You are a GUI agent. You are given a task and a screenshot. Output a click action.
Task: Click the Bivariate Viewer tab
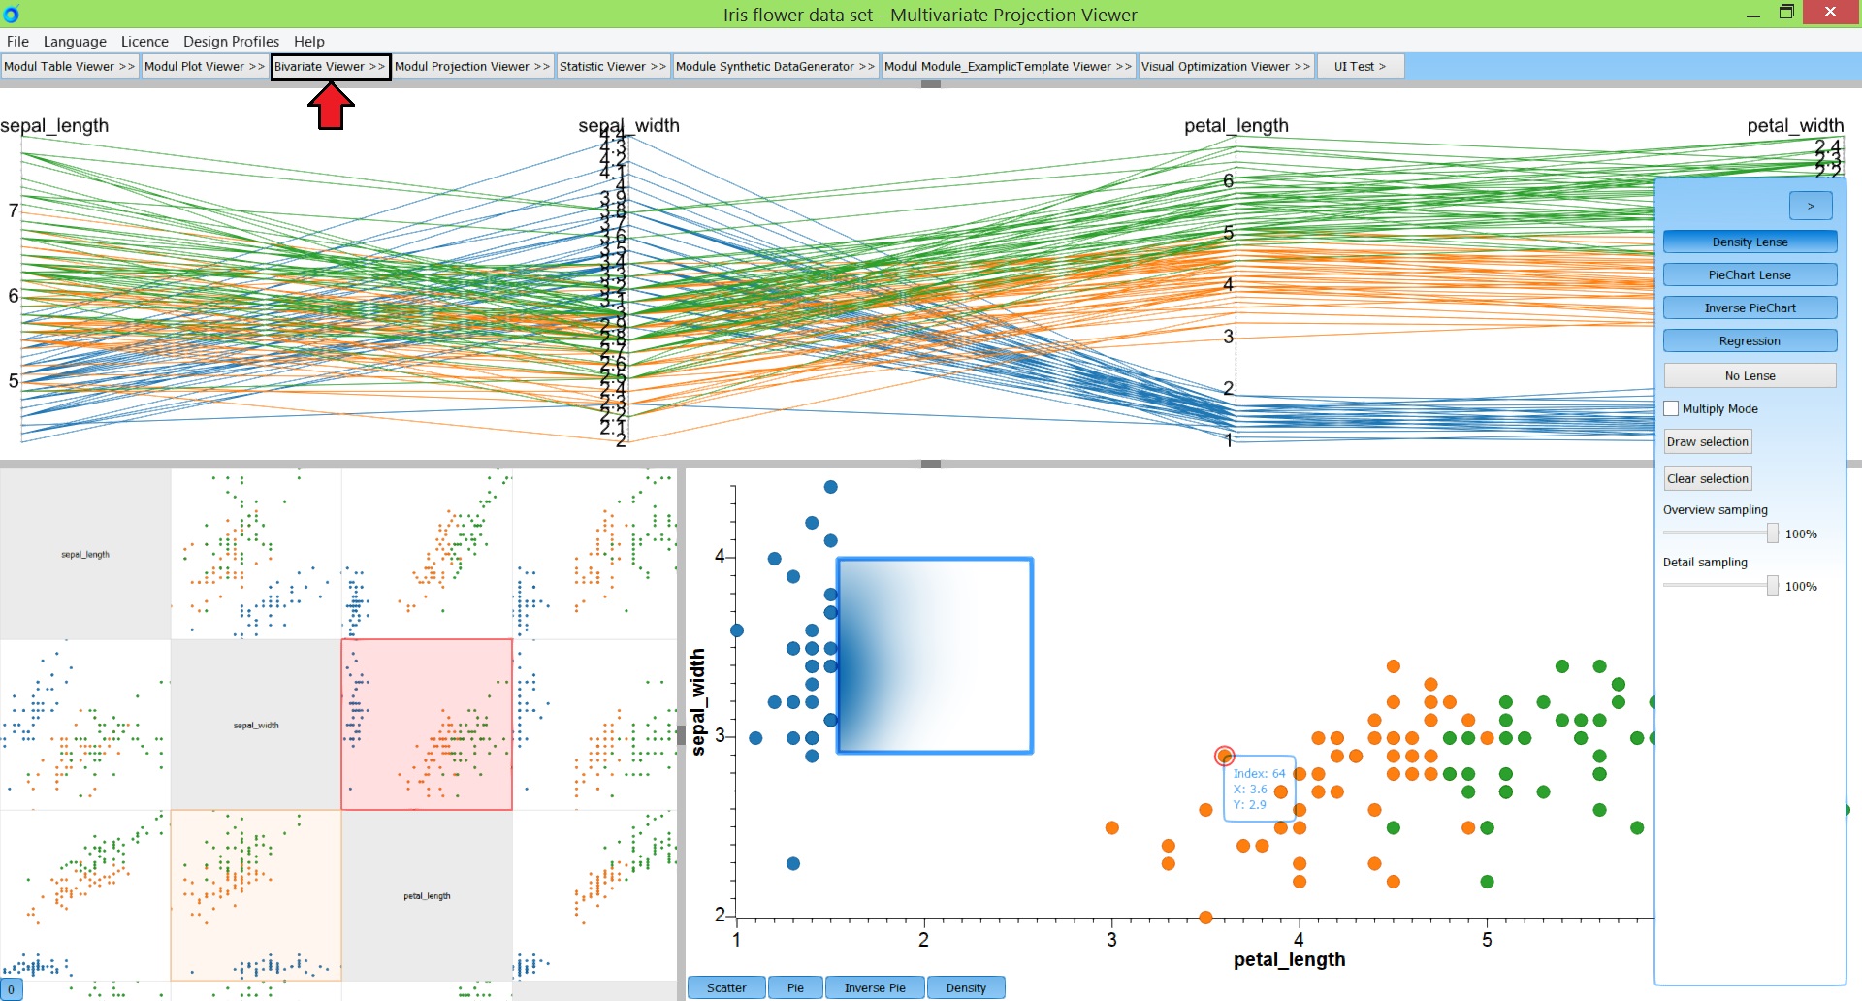tap(330, 66)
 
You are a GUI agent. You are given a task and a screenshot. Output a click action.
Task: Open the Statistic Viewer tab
tap(612, 66)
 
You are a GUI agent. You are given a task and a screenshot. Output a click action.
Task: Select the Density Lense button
tap(1750, 242)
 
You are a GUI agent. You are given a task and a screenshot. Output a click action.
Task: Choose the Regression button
tap(1750, 340)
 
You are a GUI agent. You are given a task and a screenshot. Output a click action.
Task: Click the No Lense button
tap(1750, 375)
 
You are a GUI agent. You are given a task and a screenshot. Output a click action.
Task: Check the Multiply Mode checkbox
tap(1671, 408)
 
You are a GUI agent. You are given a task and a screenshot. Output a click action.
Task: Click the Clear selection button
tap(1707, 478)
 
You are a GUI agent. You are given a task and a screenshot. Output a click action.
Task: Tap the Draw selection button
tap(1707, 441)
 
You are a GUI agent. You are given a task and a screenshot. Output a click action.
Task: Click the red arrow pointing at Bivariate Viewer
tap(331, 106)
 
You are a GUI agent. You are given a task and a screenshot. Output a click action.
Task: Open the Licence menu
tap(144, 41)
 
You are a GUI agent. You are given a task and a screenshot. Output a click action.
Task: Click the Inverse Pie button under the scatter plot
tap(875, 987)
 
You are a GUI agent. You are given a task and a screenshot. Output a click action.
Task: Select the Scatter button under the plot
tap(726, 987)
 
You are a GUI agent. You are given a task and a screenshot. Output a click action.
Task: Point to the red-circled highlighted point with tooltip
tap(1224, 756)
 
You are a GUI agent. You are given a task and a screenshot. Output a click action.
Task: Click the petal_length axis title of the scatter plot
tap(1289, 959)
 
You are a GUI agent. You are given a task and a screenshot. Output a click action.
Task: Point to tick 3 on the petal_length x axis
tap(1111, 939)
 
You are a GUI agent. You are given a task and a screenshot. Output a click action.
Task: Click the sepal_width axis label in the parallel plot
tap(628, 125)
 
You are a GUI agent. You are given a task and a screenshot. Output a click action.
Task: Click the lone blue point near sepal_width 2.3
tap(792, 863)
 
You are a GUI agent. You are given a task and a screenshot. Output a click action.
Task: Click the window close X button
tap(1829, 12)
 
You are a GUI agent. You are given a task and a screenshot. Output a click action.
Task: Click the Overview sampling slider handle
tap(1772, 533)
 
